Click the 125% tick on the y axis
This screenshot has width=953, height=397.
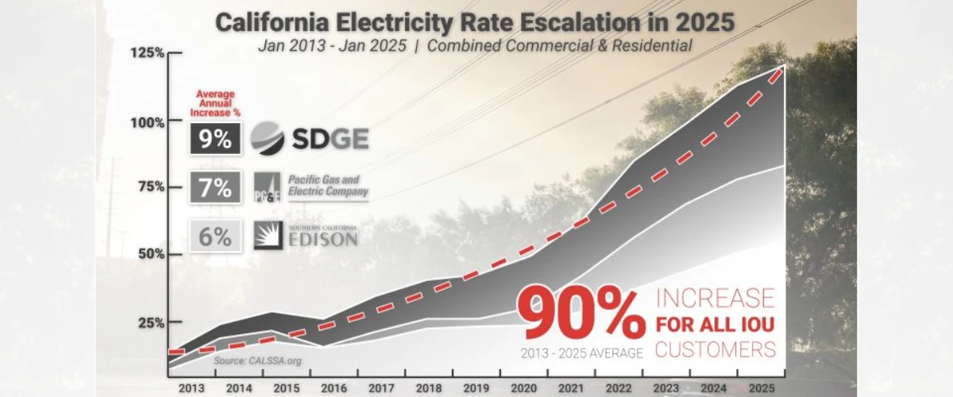(149, 53)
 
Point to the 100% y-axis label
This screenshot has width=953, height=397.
(149, 121)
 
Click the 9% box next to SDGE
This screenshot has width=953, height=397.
(215, 139)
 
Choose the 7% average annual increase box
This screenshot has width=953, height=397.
(215, 187)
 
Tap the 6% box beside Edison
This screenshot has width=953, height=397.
(215, 236)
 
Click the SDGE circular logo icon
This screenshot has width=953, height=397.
(267, 139)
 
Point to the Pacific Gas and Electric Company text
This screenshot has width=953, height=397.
(328, 186)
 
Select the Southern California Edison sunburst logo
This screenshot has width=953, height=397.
(268, 236)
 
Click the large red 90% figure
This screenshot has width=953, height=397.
(581, 312)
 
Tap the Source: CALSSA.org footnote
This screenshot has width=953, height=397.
(257, 360)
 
